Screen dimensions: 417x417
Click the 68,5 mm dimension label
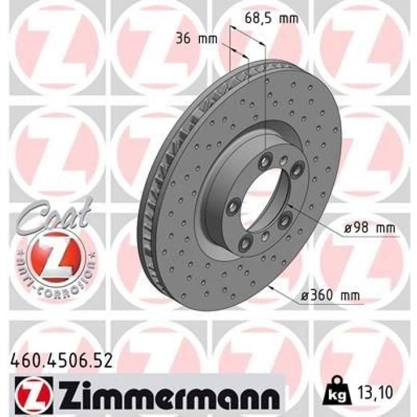[271, 18]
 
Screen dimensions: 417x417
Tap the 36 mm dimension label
[197, 39]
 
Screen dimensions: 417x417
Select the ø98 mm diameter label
[369, 228]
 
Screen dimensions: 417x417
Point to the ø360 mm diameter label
[330, 295]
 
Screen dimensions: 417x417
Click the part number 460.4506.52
[61, 362]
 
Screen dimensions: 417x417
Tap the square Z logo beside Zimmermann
[32, 393]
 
